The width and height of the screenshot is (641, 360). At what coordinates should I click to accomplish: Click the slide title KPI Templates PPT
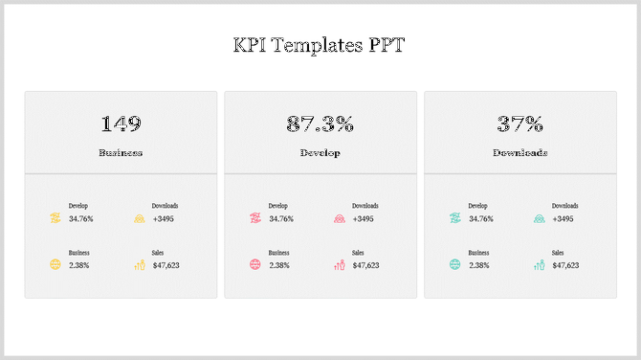(320, 45)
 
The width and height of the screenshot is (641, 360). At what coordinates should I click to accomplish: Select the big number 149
(121, 124)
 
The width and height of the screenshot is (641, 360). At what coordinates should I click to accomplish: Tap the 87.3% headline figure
(320, 124)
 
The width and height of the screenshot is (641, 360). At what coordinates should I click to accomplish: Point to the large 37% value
(519, 124)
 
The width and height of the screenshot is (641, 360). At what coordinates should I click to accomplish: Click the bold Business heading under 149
(121, 152)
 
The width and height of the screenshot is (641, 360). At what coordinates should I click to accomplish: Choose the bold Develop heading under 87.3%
(320, 152)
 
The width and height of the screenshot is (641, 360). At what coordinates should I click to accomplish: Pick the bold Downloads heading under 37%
(519, 152)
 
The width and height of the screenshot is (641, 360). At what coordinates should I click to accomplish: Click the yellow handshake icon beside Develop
(55, 218)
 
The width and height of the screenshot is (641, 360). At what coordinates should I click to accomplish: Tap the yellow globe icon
(55, 264)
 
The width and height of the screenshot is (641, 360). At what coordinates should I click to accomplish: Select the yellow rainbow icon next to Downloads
(139, 218)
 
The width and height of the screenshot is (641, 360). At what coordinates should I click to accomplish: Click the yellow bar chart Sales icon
(139, 264)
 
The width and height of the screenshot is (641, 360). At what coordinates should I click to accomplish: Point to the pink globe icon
(254, 264)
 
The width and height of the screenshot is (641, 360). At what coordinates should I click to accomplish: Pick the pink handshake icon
(254, 218)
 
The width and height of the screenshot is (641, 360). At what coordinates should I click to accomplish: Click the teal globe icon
(454, 264)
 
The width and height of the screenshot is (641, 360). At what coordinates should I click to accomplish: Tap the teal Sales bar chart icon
(539, 264)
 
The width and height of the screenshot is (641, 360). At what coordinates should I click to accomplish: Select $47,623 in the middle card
(365, 265)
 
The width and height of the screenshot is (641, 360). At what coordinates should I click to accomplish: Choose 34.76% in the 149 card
(81, 219)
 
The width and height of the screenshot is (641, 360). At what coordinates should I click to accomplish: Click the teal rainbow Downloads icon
(539, 218)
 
